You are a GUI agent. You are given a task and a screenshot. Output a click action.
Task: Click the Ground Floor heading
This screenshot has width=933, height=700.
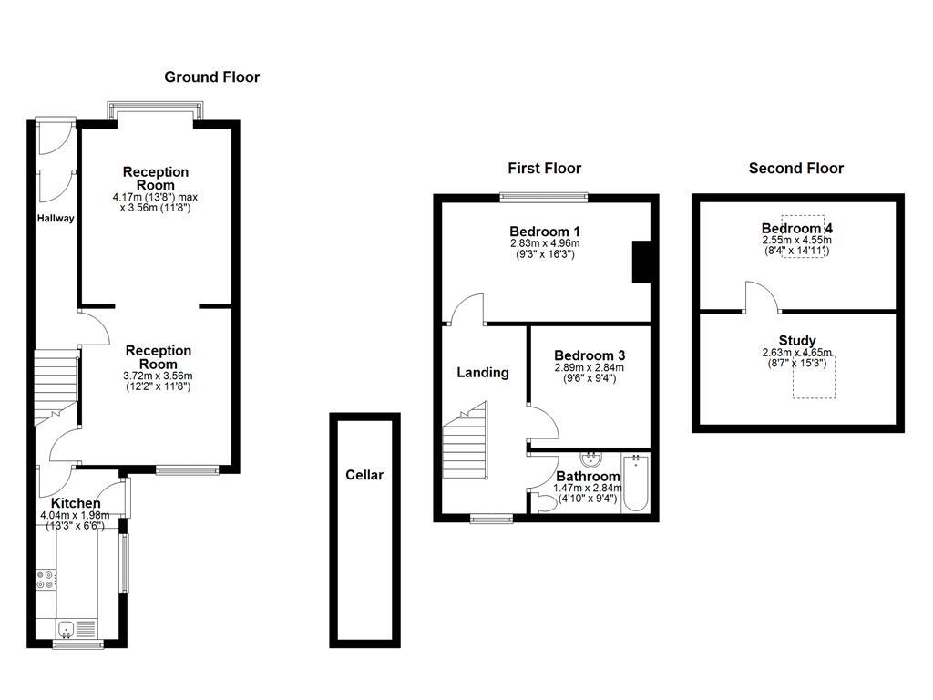pyautogui.click(x=211, y=77)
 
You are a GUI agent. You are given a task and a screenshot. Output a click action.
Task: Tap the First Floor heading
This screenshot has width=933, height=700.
pyautogui.click(x=544, y=168)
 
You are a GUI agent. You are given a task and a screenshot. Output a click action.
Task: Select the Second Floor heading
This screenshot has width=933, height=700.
pyautogui.click(x=795, y=168)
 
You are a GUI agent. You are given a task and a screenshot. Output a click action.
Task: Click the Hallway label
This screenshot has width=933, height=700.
pyautogui.click(x=56, y=218)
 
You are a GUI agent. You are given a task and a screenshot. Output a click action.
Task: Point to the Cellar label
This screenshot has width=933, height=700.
pyautogui.click(x=364, y=475)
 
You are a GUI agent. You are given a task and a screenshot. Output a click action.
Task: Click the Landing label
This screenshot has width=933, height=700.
pyautogui.click(x=482, y=372)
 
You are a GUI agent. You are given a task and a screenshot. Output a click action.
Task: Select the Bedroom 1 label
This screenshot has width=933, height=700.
pyautogui.click(x=545, y=231)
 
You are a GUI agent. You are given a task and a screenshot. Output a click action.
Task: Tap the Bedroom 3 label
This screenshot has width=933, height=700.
pyautogui.click(x=590, y=355)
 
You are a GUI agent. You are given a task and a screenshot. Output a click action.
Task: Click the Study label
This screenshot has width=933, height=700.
pyautogui.click(x=797, y=341)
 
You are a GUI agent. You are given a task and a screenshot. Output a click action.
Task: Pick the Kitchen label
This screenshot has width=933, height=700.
pyautogui.click(x=75, y=503)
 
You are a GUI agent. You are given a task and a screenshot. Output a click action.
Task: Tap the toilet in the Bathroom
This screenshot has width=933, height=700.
pyautogui.click(x=546, y=503)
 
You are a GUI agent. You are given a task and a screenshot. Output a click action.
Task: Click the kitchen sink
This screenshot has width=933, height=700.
pyautogui.click(x=67, y=628)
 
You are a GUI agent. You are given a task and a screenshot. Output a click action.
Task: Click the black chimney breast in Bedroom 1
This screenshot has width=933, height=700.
pyautogui.click(x=641, y=262)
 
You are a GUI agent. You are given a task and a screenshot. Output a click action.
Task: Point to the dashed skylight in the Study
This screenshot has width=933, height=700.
pyautogui.click(x=814, y=376)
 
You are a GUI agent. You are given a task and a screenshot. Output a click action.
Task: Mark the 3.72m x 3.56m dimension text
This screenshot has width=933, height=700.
pyautogui.click(x=159, y=376)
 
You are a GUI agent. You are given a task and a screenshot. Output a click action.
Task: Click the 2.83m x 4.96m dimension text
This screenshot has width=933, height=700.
pyautogui.click(x=545, y=243)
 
